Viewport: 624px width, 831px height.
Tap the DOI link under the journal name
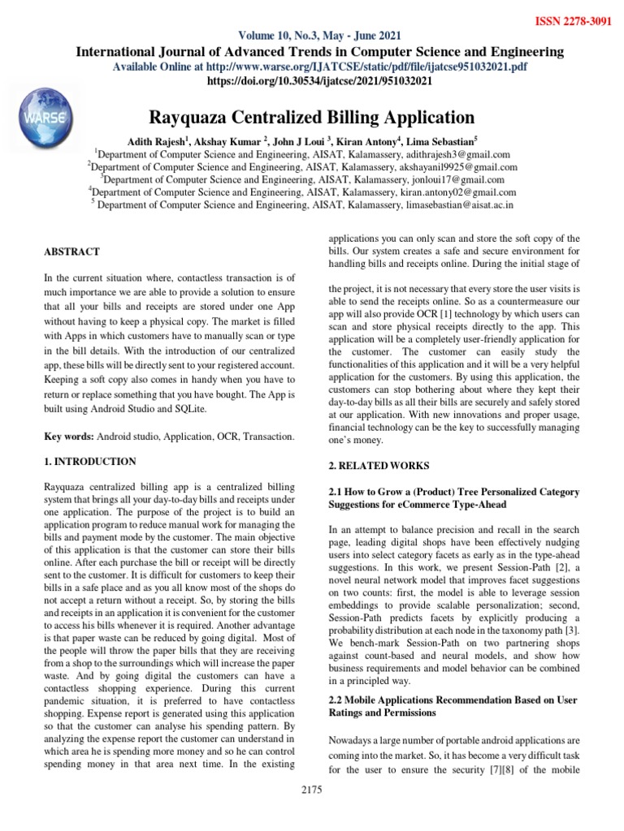point(321,81)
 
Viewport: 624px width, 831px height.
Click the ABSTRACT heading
point(72,252)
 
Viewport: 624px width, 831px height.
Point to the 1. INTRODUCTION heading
point(89,462)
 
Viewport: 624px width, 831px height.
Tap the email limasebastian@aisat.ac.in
point(459,206)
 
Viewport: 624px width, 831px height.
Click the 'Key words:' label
point(69,437)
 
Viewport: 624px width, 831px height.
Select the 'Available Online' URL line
point(319,67)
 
